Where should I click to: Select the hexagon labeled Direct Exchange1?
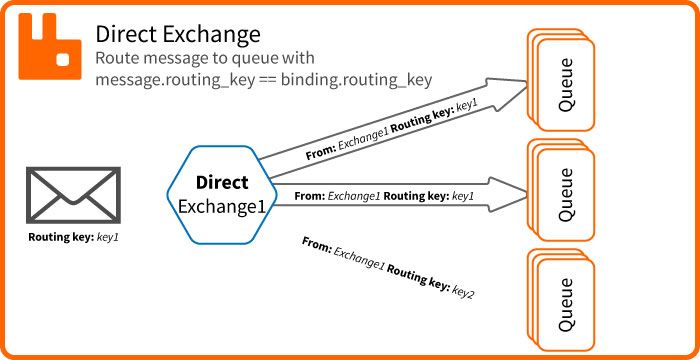221,195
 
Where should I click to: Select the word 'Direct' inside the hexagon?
222,183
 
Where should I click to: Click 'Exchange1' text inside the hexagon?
222,206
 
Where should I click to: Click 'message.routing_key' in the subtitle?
166,79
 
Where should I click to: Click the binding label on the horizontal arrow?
385,196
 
